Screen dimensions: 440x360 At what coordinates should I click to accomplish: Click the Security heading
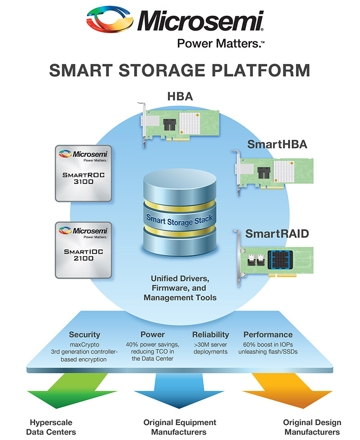pos(84,335)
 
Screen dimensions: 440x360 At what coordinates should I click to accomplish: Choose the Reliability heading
pos(211,335)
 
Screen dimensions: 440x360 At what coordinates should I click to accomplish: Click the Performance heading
pos(268,335)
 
